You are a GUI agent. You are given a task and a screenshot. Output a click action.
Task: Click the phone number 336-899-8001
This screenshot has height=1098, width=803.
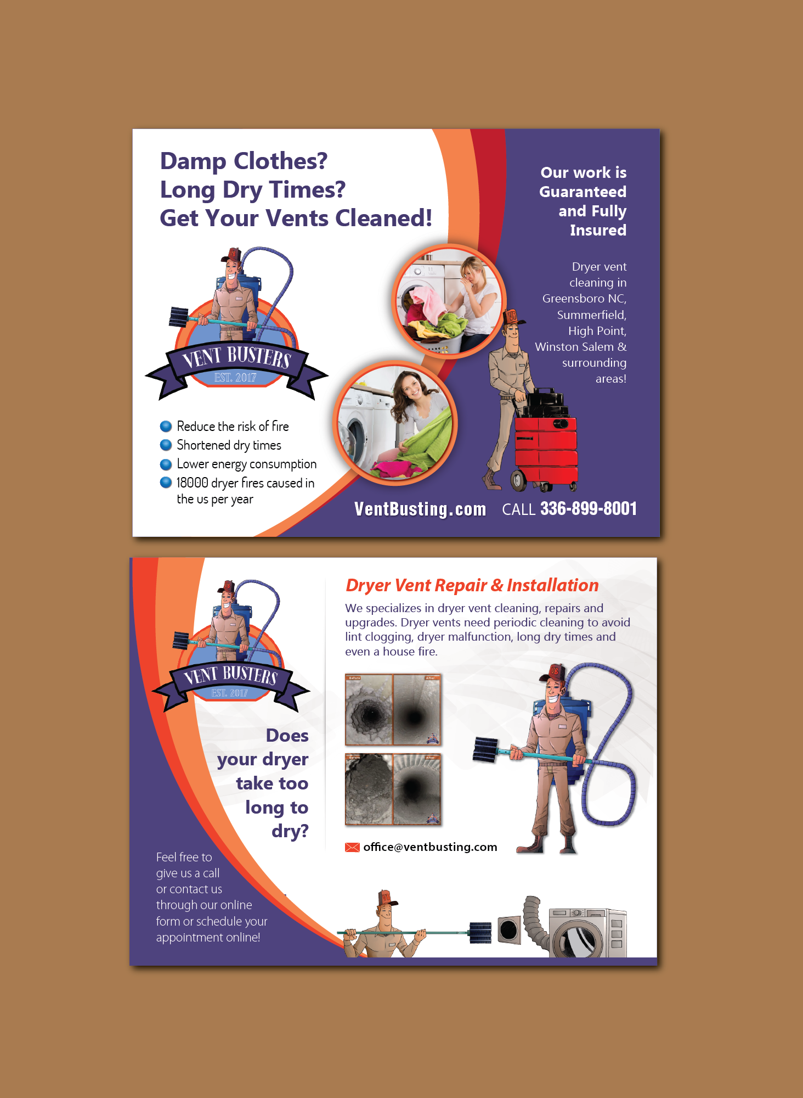pos(589,509)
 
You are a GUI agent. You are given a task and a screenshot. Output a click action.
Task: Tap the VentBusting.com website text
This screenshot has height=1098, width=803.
pos(420,509)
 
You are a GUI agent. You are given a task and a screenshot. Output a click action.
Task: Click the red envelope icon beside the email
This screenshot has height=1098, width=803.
pos(352,847)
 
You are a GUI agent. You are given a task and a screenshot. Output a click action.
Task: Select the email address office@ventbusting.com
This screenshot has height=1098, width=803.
pos(430,847)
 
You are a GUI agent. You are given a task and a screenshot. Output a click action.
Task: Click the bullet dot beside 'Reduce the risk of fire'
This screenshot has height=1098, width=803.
pos(166,427)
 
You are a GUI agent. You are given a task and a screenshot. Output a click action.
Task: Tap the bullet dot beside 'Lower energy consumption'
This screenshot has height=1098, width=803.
pos(166,464)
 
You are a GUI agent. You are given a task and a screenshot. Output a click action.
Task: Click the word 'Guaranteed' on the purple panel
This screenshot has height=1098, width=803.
pos(583,192)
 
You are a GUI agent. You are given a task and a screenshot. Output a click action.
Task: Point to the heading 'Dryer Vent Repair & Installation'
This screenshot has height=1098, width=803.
pos(472,586)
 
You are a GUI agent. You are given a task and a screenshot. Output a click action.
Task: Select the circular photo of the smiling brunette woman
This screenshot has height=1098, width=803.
pos(395,423)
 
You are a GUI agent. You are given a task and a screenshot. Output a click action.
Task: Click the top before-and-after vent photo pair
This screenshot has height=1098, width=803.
pos(393,710)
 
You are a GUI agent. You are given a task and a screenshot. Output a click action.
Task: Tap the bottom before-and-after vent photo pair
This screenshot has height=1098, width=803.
pos(393,789)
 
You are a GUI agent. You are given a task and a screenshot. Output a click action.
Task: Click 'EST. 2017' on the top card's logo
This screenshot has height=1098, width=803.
pos(235,378)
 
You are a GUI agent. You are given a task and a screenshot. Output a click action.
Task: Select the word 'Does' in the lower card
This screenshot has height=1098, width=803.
pos(287,736)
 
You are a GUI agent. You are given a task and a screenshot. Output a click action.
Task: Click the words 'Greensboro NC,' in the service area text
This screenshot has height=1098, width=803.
pos(584,299)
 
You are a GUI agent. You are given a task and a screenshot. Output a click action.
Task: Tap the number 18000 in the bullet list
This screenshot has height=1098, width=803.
pos(193,483)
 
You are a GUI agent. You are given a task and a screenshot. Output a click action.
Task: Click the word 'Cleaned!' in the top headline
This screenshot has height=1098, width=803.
pos(384,218)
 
